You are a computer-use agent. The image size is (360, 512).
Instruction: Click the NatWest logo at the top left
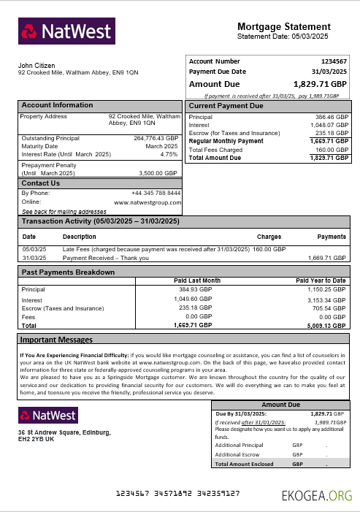click(66, 31)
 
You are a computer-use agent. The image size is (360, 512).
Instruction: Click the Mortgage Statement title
click(288, 26)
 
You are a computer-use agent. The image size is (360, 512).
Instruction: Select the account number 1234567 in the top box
click(334, 61)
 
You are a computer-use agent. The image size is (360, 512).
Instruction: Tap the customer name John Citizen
click(37, 66)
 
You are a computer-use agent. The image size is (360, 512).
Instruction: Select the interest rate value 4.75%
click(169, 154)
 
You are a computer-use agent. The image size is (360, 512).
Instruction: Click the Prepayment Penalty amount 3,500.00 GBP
click(158, 173)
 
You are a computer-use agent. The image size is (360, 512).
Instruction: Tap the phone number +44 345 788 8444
click(156, 193)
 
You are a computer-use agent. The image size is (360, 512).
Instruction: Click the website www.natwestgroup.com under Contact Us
click(148, 202)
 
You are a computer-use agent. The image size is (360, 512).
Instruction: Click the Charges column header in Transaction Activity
click(269, 237)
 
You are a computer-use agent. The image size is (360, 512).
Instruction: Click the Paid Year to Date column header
click(321, 280)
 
